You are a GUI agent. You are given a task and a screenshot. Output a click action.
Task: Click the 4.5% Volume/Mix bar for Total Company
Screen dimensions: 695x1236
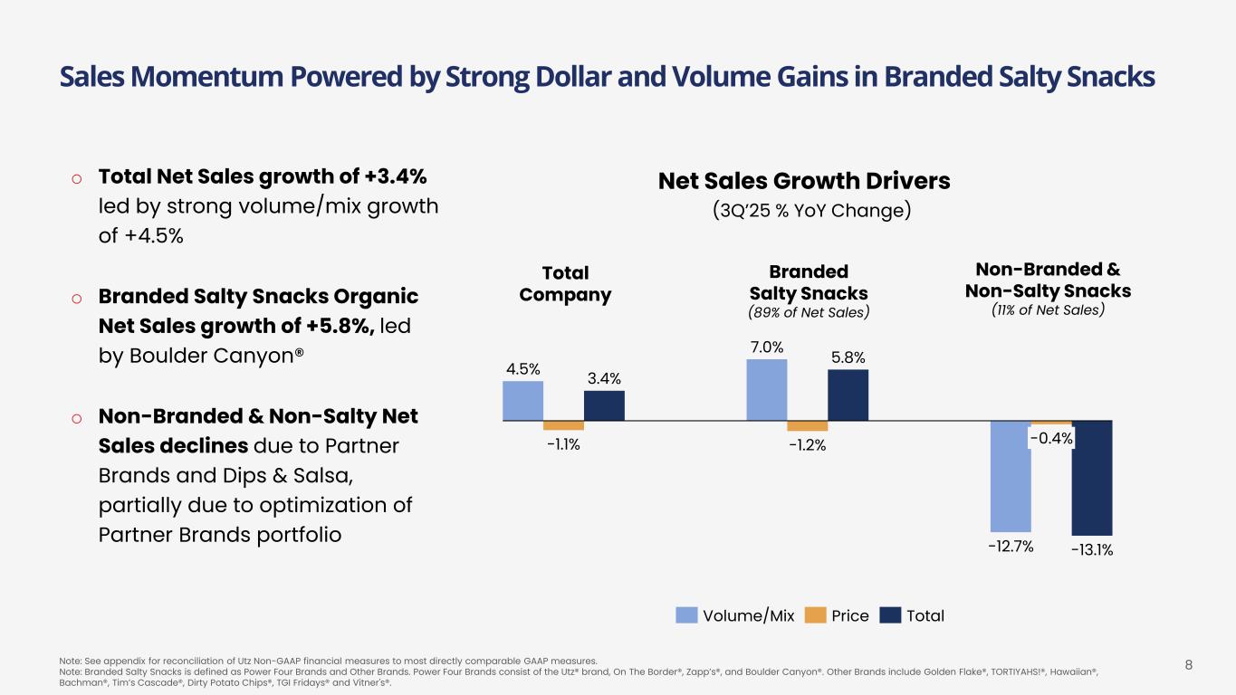(x=522, y=401)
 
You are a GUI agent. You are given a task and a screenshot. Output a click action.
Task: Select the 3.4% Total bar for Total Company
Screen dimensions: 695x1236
(x=604, y=405)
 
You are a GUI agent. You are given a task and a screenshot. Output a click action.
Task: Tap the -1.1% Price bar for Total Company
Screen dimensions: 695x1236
(x=563, y=425)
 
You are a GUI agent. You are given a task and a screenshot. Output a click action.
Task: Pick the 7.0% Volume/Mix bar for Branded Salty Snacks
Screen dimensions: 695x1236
(x=766, y=390)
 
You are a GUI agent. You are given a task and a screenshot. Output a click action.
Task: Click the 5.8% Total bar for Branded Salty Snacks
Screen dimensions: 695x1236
(x=848, y=395)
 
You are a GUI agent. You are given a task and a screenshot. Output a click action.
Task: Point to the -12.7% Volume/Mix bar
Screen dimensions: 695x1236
(x=1011, y=476)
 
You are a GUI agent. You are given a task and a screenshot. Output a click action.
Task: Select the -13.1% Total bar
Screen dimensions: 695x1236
(x=1092, y=478)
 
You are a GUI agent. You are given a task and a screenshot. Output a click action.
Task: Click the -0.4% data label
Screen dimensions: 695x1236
(x=1051, y=439)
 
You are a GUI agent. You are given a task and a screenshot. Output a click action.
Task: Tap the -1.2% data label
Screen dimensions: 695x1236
(x=807, y=444)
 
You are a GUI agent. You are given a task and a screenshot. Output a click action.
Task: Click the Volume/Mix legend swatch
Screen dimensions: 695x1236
(x=687, y=615)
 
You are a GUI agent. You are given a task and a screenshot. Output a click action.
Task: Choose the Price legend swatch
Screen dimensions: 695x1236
(x=815, y=615)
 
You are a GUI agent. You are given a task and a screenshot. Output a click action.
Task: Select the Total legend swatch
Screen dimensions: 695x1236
(x=891, y=615)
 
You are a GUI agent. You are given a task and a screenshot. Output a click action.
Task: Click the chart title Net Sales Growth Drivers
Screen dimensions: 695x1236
(x=803, y=181)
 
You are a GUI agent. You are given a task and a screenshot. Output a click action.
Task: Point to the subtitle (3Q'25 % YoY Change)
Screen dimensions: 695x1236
(x=810, y=211)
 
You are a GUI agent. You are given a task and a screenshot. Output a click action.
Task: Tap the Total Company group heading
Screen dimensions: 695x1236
(x=565, y=284)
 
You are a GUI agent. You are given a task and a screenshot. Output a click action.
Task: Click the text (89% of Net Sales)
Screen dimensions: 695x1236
(x=809, y=313)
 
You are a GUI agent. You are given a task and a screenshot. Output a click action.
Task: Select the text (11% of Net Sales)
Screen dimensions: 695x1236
(x=1048, y=309)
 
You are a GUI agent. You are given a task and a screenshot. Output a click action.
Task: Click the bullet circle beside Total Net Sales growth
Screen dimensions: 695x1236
(x=77, y=177)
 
